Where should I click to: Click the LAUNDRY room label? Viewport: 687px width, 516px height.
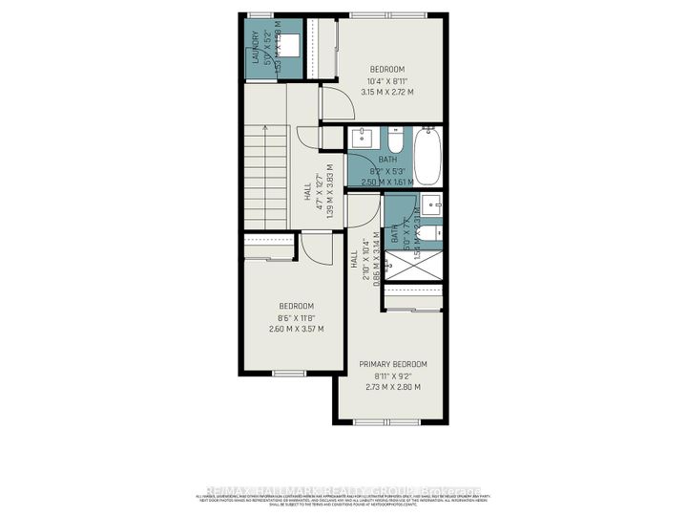point(255,49)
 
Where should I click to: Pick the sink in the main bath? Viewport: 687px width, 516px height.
point(360,139)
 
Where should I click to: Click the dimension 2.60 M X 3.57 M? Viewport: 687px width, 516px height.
point(297,329)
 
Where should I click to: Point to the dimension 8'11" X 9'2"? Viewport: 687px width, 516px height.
point(392,376)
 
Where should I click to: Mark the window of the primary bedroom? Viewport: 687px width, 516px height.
point(391,422)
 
